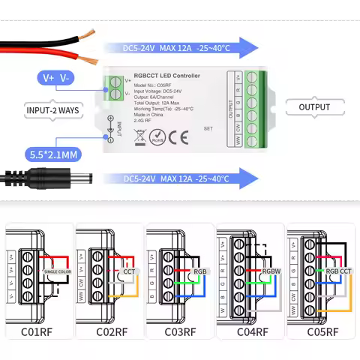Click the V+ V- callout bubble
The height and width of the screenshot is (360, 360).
pos(56,78)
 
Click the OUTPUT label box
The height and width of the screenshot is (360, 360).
pos(314,107)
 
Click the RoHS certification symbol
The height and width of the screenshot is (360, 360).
pos(157,136)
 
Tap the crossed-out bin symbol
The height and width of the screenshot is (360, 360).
pos(139,136)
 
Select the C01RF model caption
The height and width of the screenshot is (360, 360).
pos(37,331)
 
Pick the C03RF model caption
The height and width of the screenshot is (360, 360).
pos(180,331)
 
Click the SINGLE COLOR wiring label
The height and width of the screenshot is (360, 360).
pos(57,271)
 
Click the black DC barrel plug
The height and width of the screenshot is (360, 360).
pos(75,180)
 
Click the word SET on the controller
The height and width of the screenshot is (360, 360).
pos(208,129)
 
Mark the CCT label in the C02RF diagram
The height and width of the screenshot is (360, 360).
pos(129,271)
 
